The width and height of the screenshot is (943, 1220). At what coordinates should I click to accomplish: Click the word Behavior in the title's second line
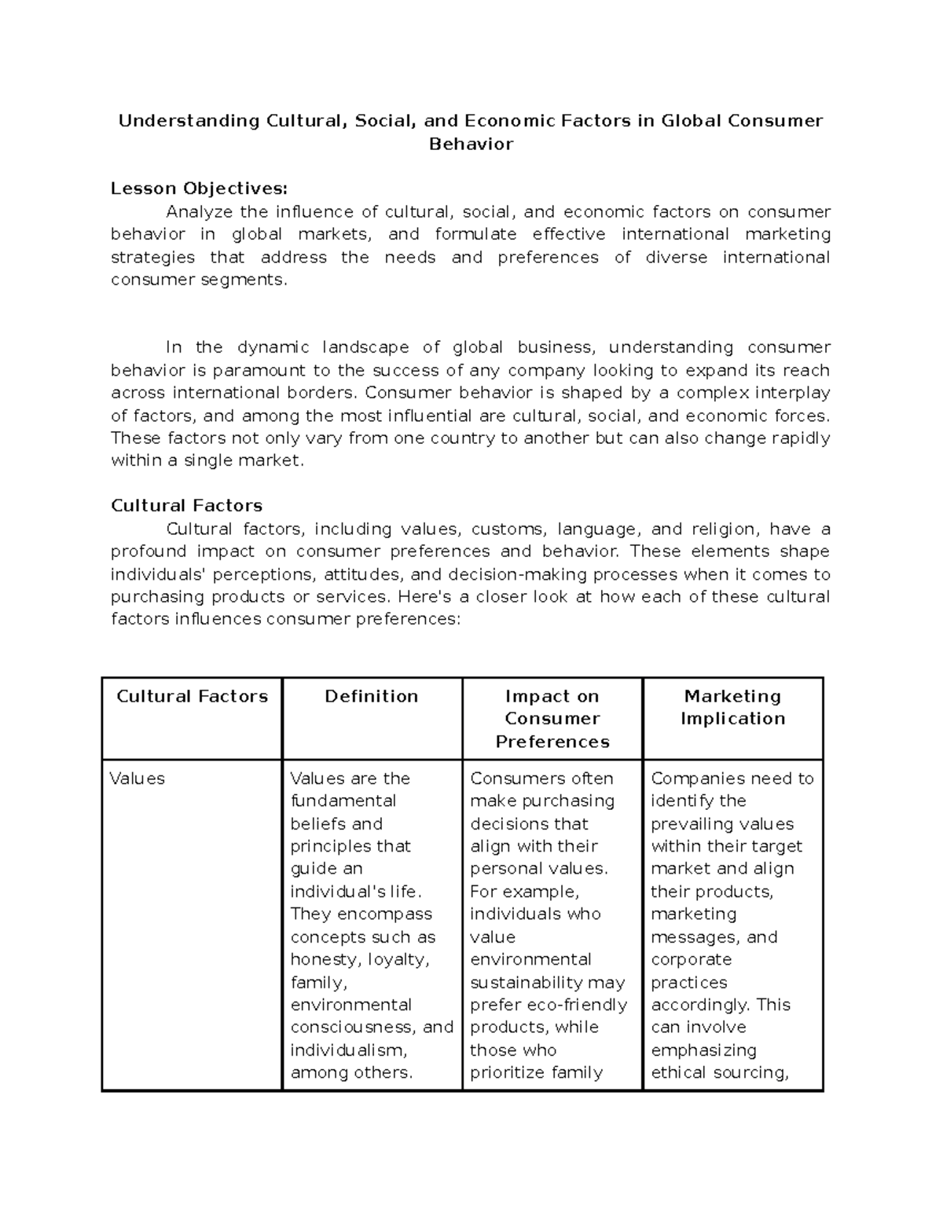471,144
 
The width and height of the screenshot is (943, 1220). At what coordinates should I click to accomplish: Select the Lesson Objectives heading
199,189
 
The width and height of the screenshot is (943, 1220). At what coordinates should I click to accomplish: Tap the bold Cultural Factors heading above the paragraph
186,505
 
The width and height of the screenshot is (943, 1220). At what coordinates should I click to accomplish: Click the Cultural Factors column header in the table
192,696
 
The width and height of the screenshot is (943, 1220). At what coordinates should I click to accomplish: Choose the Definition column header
372,696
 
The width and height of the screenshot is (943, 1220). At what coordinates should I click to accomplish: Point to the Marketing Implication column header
732,707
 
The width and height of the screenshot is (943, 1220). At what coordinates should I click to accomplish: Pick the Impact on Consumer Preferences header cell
552,718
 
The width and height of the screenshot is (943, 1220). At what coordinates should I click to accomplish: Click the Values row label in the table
138,779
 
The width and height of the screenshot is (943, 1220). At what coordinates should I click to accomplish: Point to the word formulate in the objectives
475,234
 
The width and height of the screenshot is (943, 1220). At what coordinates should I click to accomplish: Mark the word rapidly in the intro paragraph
797,438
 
